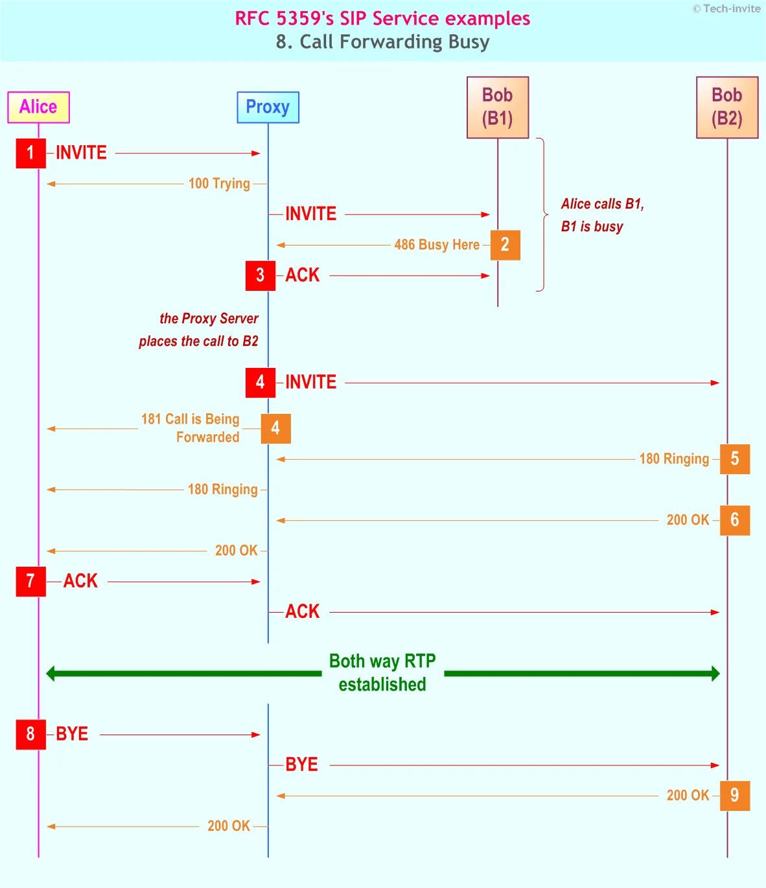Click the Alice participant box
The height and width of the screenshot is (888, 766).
point(38,107)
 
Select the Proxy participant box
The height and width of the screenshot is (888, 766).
point(268,107)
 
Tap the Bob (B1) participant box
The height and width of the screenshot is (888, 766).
point(498,107)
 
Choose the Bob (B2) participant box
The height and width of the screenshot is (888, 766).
point(727,107)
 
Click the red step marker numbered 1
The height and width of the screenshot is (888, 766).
point(30,153)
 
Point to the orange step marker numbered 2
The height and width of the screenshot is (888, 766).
point(505,245)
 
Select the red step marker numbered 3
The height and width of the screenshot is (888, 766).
point(260,275)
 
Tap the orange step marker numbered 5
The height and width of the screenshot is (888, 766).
point(734,459)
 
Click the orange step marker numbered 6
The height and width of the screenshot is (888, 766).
point(734,520)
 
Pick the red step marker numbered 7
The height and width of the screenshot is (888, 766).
point(30,581)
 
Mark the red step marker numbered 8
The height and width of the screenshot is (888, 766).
point(30,734)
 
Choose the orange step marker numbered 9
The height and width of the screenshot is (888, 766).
point(734,795)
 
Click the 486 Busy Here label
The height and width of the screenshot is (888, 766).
point(437,245)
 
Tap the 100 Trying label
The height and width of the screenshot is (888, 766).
point(219,184)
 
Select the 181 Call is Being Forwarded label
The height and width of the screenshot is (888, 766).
point(191,428)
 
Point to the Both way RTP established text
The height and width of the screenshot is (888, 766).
point(382,673)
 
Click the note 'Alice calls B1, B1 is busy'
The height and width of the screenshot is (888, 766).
point(602,215)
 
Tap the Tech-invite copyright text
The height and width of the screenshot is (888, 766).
point(726,8)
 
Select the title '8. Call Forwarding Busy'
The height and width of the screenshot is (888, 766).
point(382,42)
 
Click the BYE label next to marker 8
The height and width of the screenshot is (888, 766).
point(72,734)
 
